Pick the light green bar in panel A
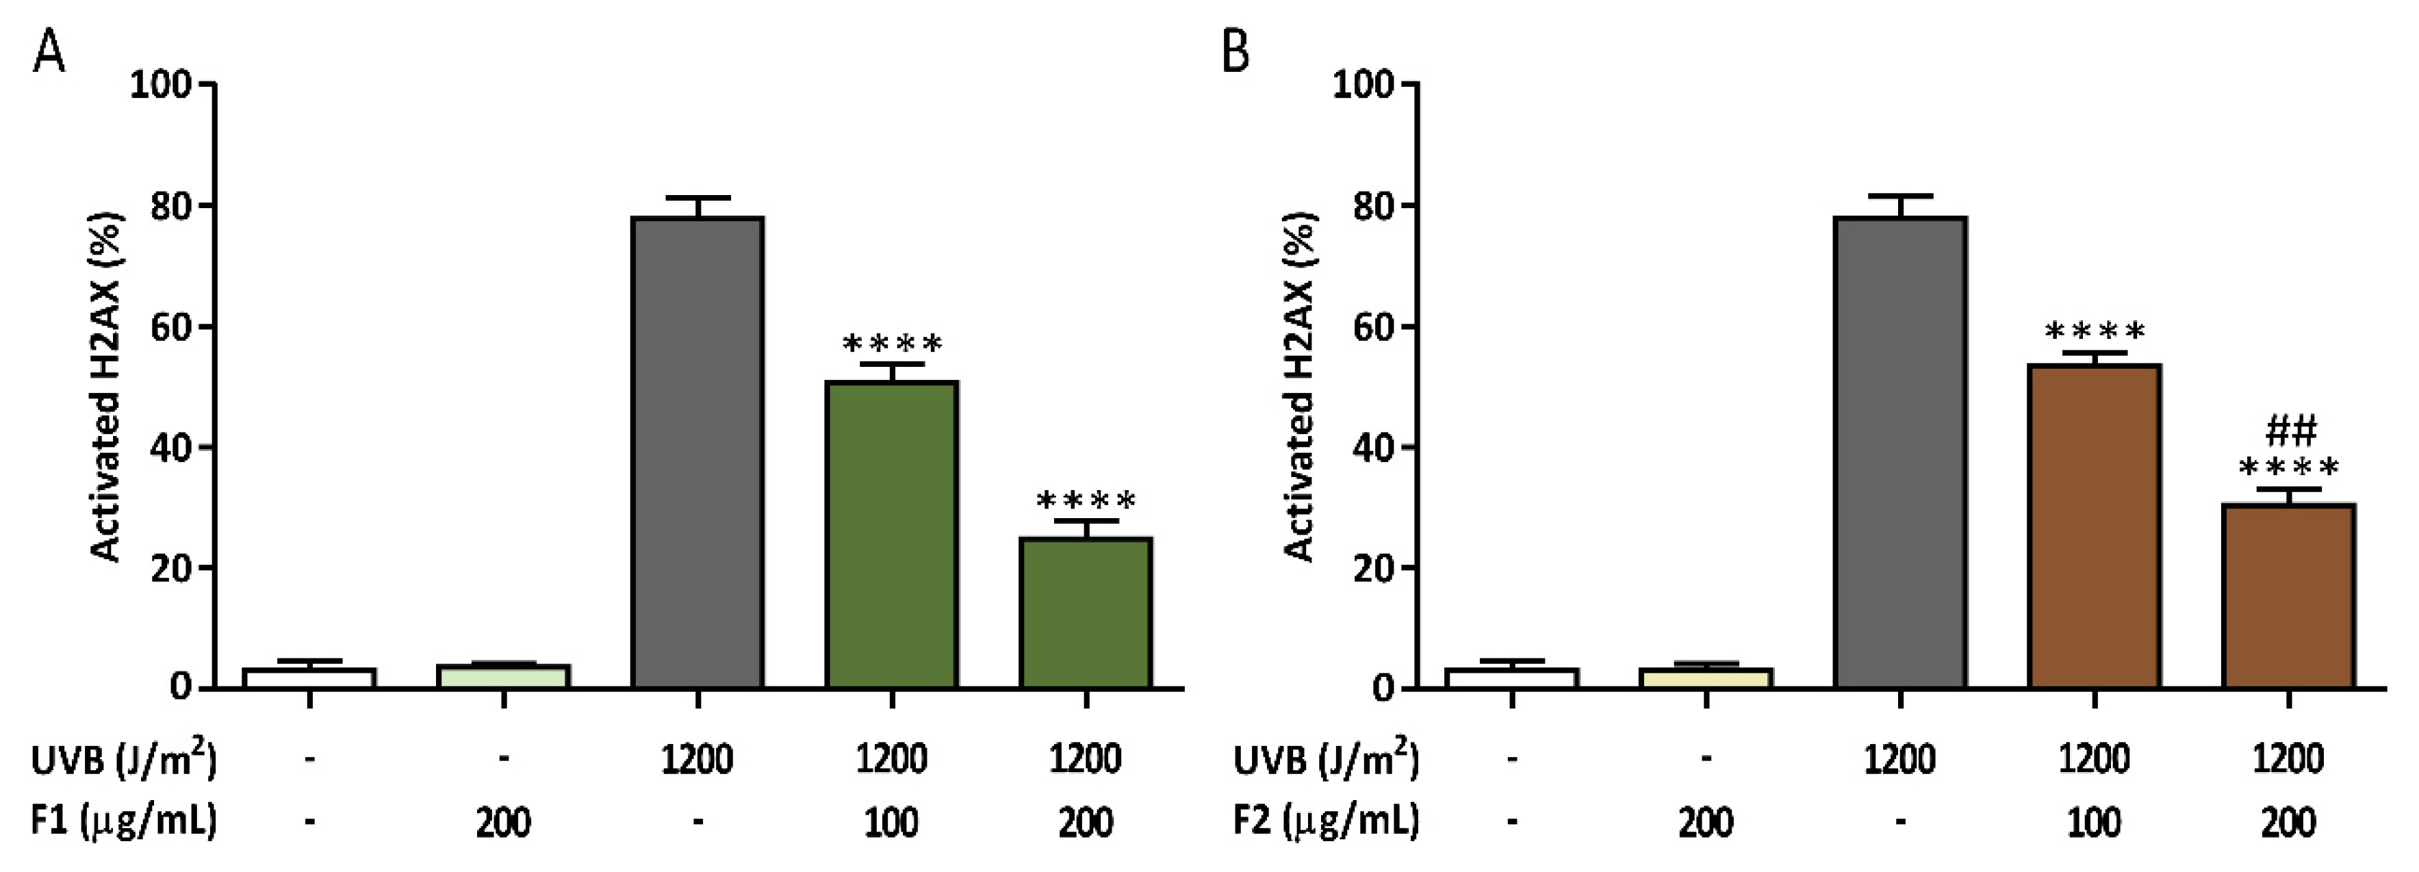503,676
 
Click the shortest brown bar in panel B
2288,596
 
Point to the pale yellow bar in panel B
1705,678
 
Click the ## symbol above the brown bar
2291,431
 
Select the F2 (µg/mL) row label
1326,821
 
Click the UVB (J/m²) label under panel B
1326,758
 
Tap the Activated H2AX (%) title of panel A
106,387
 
